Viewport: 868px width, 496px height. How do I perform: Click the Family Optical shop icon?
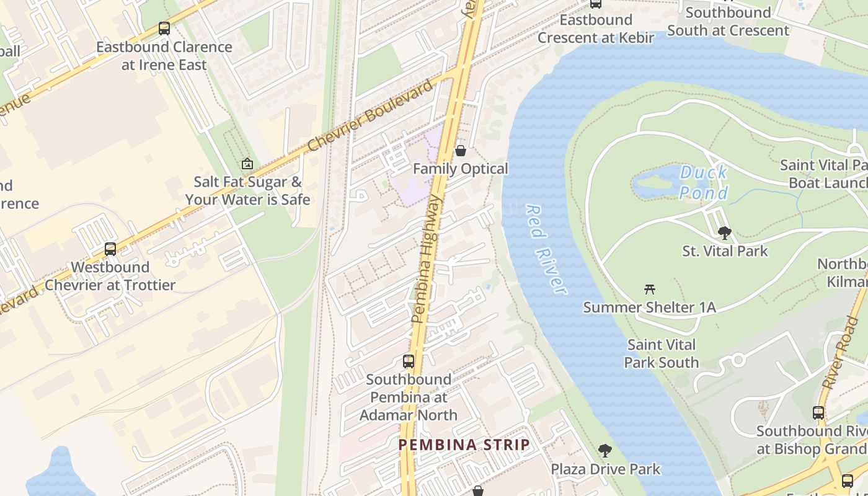[x=461, y=151]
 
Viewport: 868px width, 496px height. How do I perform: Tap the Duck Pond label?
[x=703, y=183]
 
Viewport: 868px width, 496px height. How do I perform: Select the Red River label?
[x=546, y=249]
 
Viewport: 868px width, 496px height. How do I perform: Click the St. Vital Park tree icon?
[x=724, y=233]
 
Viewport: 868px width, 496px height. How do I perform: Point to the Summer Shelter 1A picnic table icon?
[x=650, y=289]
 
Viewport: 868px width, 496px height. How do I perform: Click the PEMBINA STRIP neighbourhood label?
[x=464, y=445]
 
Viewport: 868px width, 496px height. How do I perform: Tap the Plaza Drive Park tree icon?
[x=605, y=451]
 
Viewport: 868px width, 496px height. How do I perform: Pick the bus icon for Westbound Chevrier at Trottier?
[x=110, y=249]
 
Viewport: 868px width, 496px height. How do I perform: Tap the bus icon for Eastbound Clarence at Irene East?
[x=164, y=29]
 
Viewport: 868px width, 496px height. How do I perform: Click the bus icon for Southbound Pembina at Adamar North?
[x=409, y=361]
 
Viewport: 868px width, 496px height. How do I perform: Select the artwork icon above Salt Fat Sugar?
[x=247, y=164]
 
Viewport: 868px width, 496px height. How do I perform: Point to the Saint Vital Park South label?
[x=662, y=353]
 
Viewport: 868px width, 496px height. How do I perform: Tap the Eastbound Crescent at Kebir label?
[x=596, y=29]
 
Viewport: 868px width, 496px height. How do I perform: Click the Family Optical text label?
[x=461, y=169]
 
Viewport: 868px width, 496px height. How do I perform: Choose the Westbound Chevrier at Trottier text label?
[x=110, y=276]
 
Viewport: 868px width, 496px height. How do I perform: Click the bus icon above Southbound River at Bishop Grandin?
[x=818, y=413]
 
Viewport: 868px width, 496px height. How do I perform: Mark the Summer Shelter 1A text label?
[x=649, y=307]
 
